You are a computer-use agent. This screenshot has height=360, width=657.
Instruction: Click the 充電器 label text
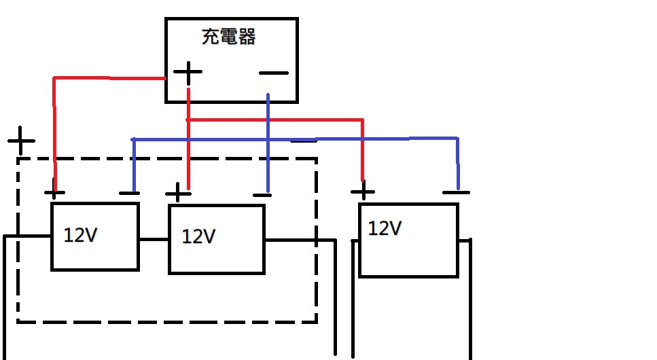[229, 37]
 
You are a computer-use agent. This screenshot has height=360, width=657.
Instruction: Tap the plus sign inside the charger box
[188, 72]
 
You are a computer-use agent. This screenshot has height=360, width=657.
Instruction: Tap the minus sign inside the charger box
[274, 73]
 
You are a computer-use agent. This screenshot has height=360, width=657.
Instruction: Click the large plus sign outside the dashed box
[22, 141]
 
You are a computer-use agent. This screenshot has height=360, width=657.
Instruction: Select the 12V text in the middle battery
[199, 236]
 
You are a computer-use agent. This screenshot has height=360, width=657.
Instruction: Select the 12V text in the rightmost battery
[385, 228]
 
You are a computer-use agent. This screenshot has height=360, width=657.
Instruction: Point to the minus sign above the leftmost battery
[129, 193]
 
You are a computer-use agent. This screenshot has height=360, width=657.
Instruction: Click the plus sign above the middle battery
[178, 193]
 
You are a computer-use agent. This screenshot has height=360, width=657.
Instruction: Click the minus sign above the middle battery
[262, 195]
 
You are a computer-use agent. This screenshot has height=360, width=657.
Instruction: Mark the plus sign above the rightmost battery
[363, 190]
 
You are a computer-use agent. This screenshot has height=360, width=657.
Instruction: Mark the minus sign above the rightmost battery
[455, 192]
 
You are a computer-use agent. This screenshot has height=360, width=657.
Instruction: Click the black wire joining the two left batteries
[154, 239]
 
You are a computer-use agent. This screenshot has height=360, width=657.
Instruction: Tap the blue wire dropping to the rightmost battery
[458, 163]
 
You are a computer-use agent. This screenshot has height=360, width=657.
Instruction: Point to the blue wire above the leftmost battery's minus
[133, 163]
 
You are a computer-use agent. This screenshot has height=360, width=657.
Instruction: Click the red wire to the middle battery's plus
[188, 156]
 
